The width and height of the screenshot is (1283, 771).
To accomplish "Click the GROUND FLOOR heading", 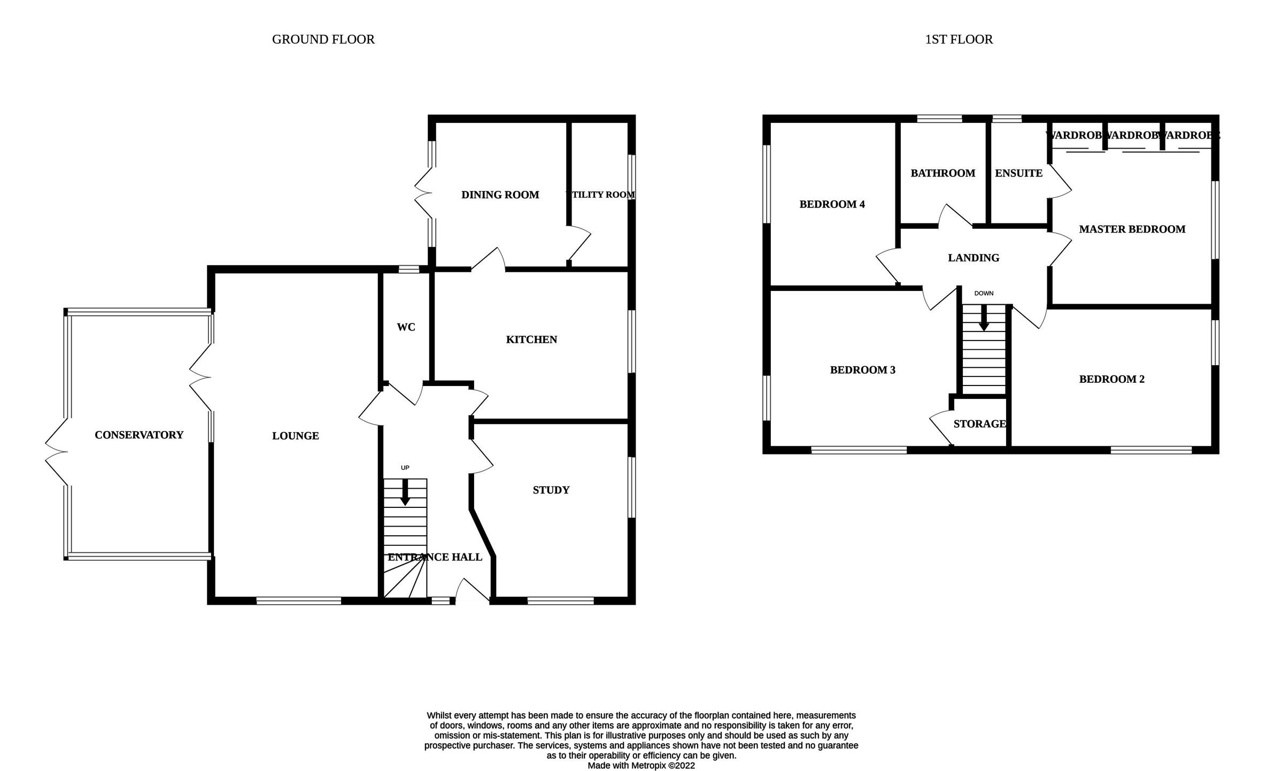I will pos(323,40).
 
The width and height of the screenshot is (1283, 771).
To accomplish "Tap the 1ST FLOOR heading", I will pos(959,40).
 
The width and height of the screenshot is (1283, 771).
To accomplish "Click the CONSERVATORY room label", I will pos(139,435).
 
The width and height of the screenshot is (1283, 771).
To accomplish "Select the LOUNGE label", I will pos(295,436).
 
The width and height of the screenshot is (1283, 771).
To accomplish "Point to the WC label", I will pos(406,327).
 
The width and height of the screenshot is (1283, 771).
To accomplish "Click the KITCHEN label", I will pos(531,340).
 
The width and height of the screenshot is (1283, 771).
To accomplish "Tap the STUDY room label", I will pos(551,490).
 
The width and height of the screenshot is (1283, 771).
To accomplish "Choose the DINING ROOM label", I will pos(500,195).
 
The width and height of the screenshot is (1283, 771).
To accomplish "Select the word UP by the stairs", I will pos(405,468).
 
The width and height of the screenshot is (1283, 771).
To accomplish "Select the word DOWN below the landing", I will pos(984,294).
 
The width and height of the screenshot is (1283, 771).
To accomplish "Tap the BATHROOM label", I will pos(942,173).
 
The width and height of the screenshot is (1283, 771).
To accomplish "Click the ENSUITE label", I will pos(1018,173).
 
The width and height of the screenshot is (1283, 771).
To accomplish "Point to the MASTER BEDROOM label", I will pos(1132,229).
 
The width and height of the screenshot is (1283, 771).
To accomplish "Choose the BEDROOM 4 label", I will pos(832,204).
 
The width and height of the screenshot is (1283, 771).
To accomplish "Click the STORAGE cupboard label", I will pos(979,424).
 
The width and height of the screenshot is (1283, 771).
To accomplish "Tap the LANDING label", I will pos(973,258).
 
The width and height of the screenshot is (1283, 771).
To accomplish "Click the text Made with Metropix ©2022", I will pos(641,766).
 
